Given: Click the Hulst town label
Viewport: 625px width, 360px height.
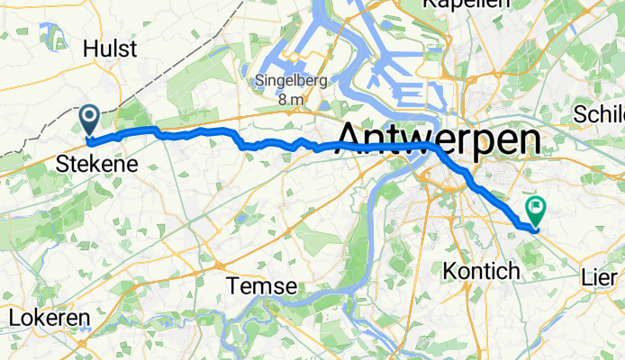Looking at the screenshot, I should [x=110, y=49].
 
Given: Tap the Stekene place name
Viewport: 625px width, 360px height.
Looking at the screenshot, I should [x=97, y=165].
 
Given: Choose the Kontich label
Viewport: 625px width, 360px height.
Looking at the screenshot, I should [x=482, y=271].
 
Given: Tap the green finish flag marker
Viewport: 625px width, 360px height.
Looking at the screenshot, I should [x=537, y=210].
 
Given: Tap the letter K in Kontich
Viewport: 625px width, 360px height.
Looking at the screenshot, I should [x=449, y=271].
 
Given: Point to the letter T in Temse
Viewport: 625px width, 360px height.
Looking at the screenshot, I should [x=233, y=286].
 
